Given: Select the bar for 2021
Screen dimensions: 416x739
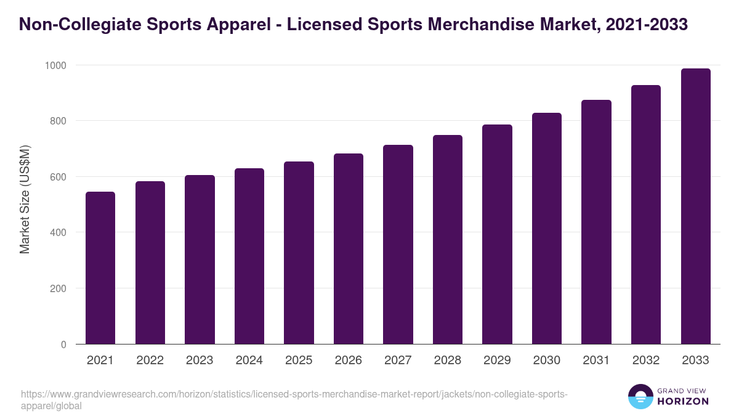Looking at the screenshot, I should (x=100, y=268).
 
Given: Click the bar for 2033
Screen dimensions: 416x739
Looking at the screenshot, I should (x=695, y=206).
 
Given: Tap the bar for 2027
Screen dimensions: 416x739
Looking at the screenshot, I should (x=398, y=245).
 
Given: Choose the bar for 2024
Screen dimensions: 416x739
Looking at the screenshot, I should (x=249, y=256).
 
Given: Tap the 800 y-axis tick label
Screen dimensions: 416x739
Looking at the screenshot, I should (x=59, y=121).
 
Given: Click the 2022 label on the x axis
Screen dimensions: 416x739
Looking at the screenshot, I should (x=150, y=361).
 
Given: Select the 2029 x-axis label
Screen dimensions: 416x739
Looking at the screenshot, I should (x=497, y=361).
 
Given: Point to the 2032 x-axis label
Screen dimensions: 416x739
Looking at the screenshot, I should (x=646, y=361).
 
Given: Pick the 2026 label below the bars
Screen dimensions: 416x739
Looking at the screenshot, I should (x=348, y=361).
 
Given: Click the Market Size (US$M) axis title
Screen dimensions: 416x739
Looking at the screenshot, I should (x=25, y=199).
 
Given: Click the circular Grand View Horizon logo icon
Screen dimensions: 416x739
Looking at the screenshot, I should (x=640, y=397).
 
